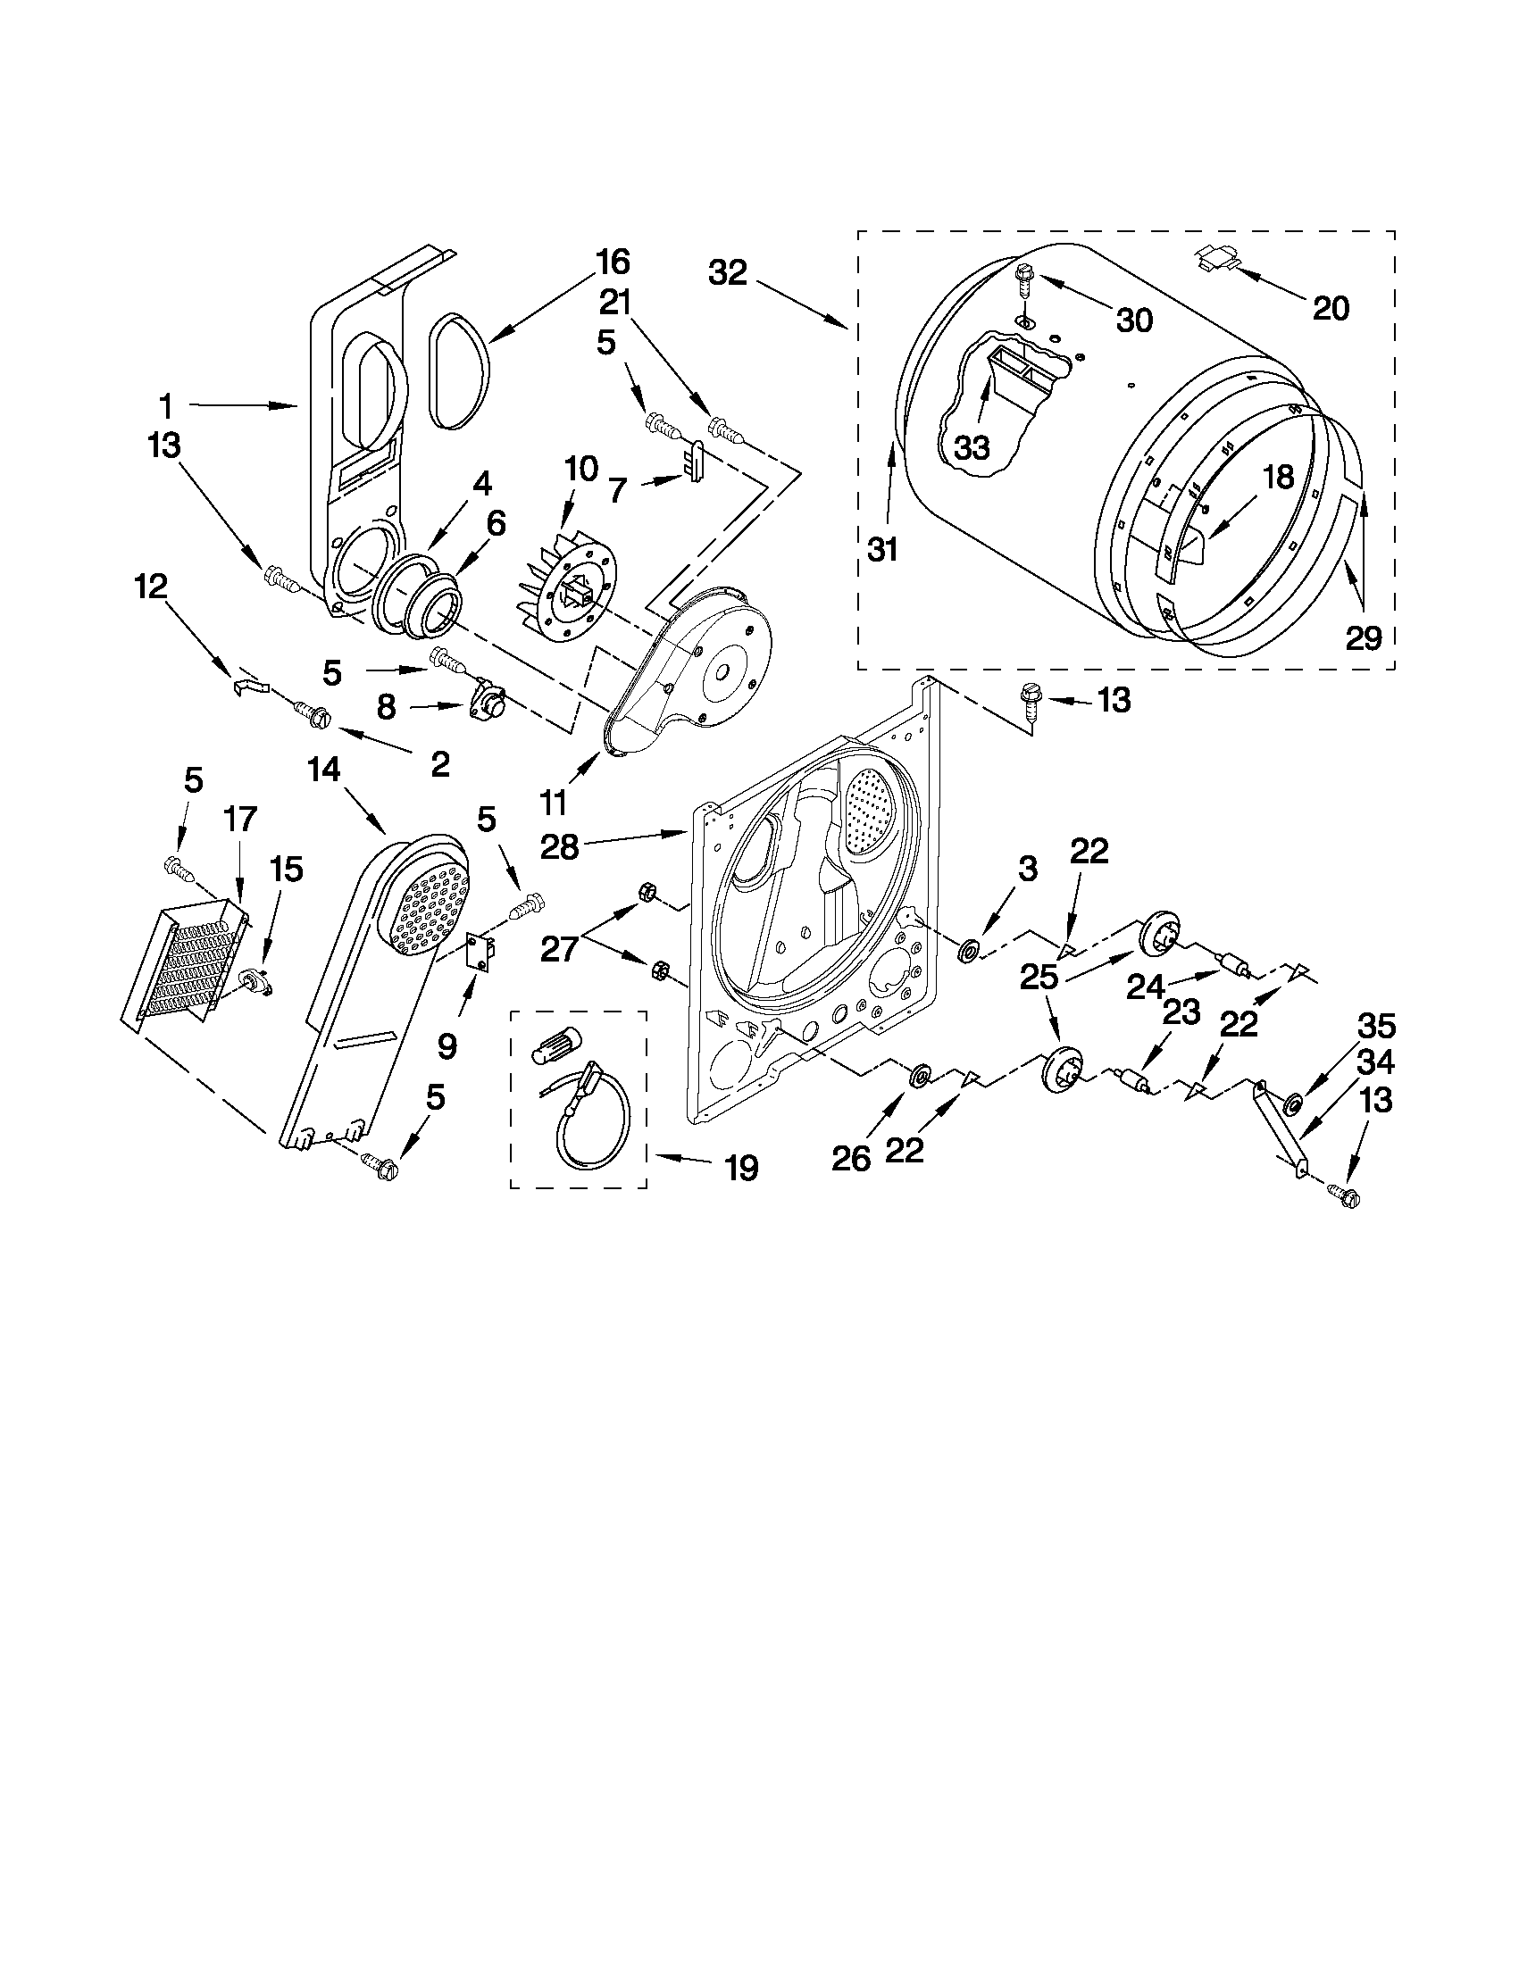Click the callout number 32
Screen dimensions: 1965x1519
(x=727, y=272)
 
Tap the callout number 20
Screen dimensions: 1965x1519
(x=1331, y=309)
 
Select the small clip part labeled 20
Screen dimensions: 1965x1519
(x=1217, y=260)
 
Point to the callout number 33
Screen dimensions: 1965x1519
(x=972, y=447)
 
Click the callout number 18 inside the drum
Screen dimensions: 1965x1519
(x=1278, y=477)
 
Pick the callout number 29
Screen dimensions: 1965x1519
(x=1363, y=638)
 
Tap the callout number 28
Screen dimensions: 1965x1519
(x=559, y=846)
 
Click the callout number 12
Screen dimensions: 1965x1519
(x=150, y=587)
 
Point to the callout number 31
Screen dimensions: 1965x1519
(x=883, y=548)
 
